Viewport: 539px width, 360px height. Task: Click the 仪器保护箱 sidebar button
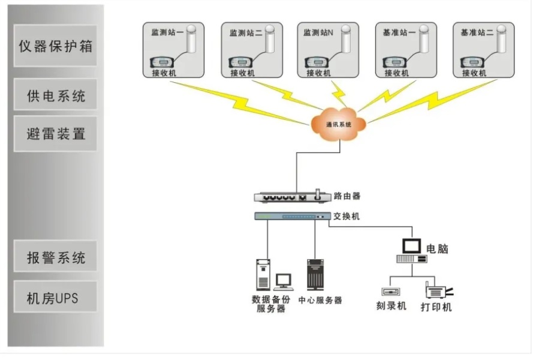(x=55, y=46)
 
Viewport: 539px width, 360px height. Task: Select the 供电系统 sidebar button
(x=55, y=95)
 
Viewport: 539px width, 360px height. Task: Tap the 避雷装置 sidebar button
(x=55, y=133)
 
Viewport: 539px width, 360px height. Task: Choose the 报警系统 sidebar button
(x=55, y=258)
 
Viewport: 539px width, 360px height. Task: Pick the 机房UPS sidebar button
(x=55, y=298)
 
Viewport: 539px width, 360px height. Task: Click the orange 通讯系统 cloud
(x=338, y=124)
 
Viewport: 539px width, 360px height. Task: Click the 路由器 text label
(x=347, y=196)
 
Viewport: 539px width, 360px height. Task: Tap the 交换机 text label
(x=347, y=217)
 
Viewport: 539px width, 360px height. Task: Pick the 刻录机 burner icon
(x=390, y=292)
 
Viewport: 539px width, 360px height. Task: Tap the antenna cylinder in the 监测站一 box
(x=191, y=41)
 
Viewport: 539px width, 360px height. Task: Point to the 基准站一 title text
(x=399, y=33)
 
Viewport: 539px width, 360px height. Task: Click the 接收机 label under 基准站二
(x=474, y=73)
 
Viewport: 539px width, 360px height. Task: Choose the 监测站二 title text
(x=246, y=34)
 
